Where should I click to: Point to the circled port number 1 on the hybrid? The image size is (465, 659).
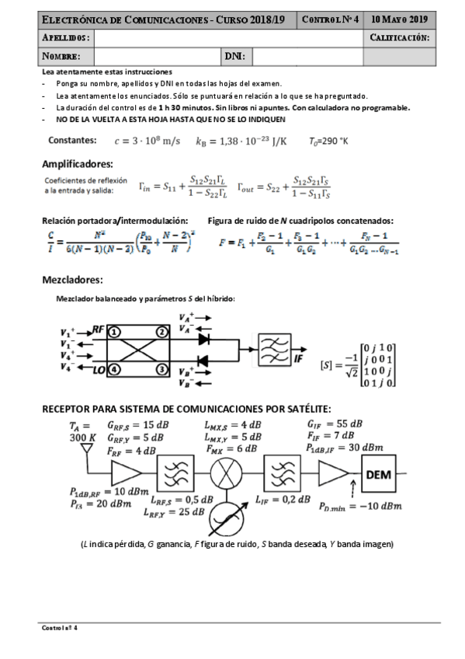click(113, 332)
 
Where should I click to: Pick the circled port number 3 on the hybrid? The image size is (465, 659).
click(161, 369)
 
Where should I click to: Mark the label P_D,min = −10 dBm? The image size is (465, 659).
click(360, 506)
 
